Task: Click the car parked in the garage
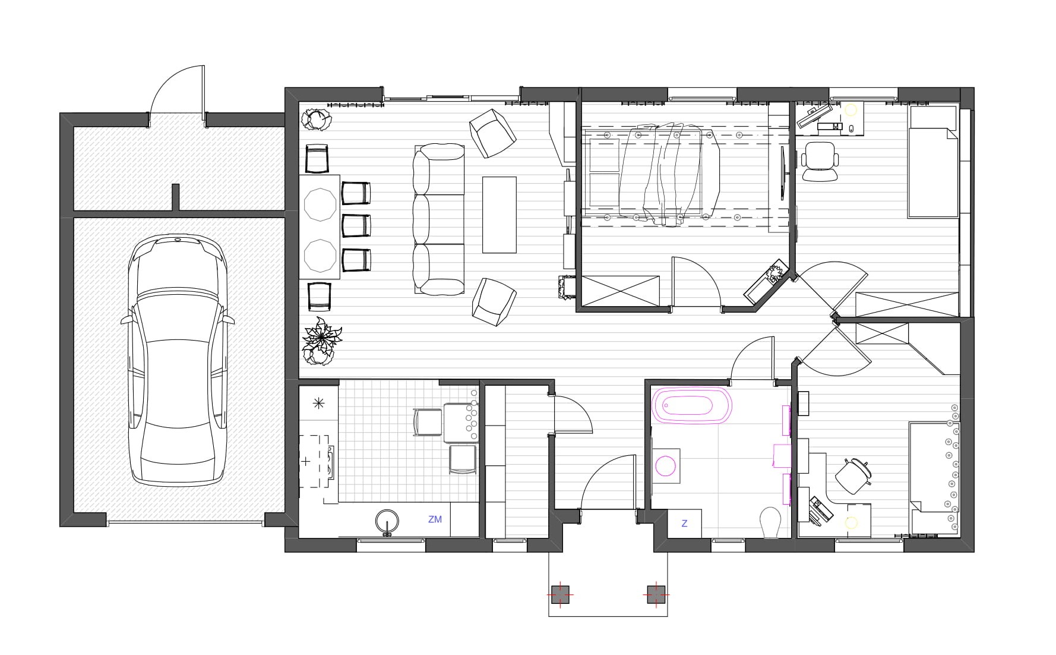[178, 361]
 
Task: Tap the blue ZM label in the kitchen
[435, 519]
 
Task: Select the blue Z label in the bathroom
[684, 523]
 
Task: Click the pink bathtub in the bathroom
[692, 406]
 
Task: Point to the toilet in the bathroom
[770, 522]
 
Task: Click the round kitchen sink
[388, 521]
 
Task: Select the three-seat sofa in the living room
[439, 219]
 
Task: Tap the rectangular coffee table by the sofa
[499, 215]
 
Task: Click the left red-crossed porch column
[560, 594]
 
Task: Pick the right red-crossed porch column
[655, 594]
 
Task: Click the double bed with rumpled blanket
[653, 172]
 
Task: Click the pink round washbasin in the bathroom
[666, 465]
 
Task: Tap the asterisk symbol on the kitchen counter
[319, 404]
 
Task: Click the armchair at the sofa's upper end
[492, 133]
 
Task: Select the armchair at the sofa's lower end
[494, 302]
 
